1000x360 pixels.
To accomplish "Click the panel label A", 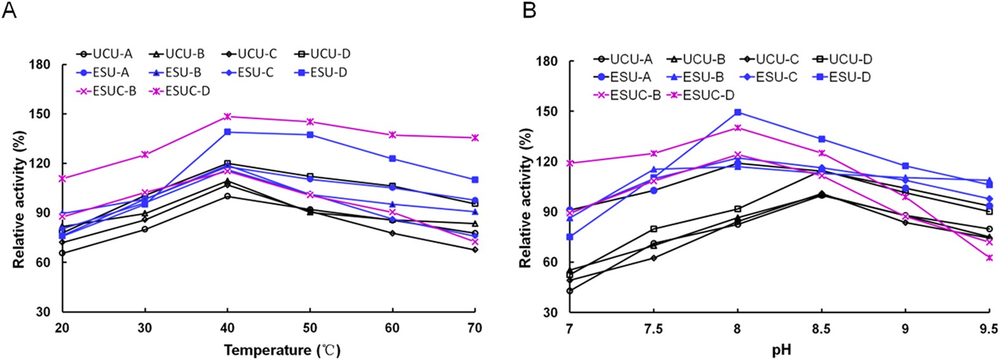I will tap(9, 11).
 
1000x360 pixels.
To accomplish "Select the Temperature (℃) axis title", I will tap(282, 349).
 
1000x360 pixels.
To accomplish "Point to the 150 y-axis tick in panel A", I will tap(43, 114).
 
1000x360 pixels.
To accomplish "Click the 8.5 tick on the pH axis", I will tap(822, 328).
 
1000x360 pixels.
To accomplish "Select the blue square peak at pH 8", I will tap(738, 112).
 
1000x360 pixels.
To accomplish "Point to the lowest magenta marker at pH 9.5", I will tap(989, 258).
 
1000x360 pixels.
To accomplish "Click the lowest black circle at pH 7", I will tap(570, 291).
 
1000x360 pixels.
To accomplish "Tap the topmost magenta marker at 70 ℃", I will tap(475, 138).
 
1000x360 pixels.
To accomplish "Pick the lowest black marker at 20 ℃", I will tap(62, 253).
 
